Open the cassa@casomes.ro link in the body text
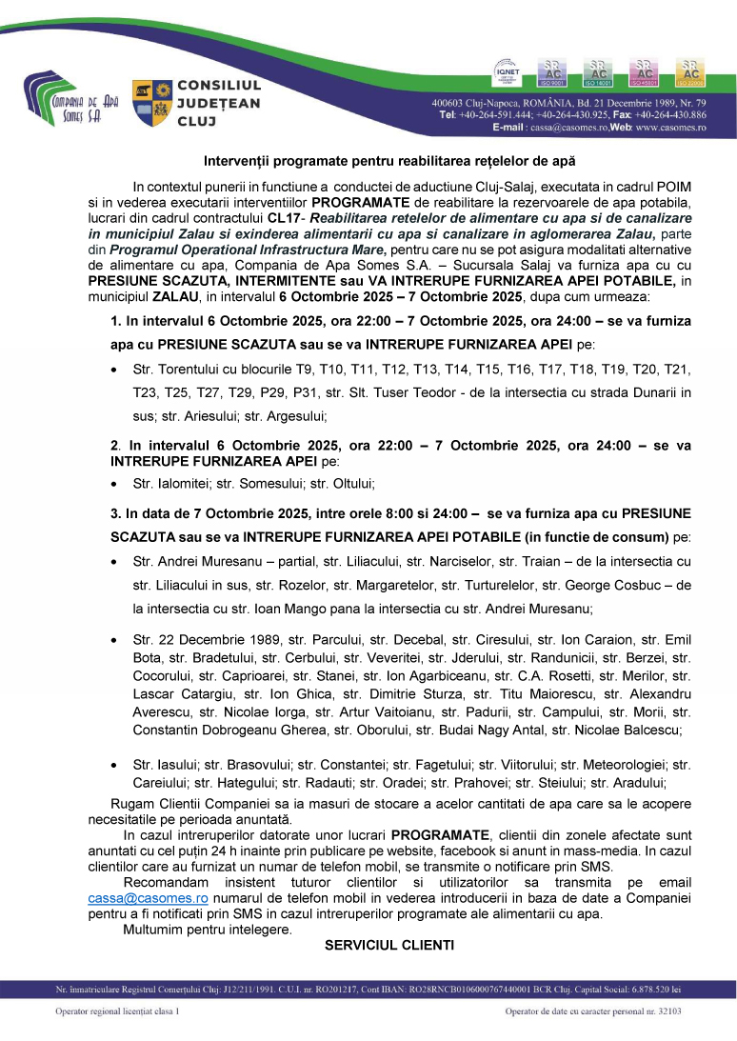coord(148,898)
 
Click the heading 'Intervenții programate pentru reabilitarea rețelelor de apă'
coord(390,162)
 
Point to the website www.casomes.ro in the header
coord(671,127)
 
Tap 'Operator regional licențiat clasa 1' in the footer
coord(117,1011)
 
